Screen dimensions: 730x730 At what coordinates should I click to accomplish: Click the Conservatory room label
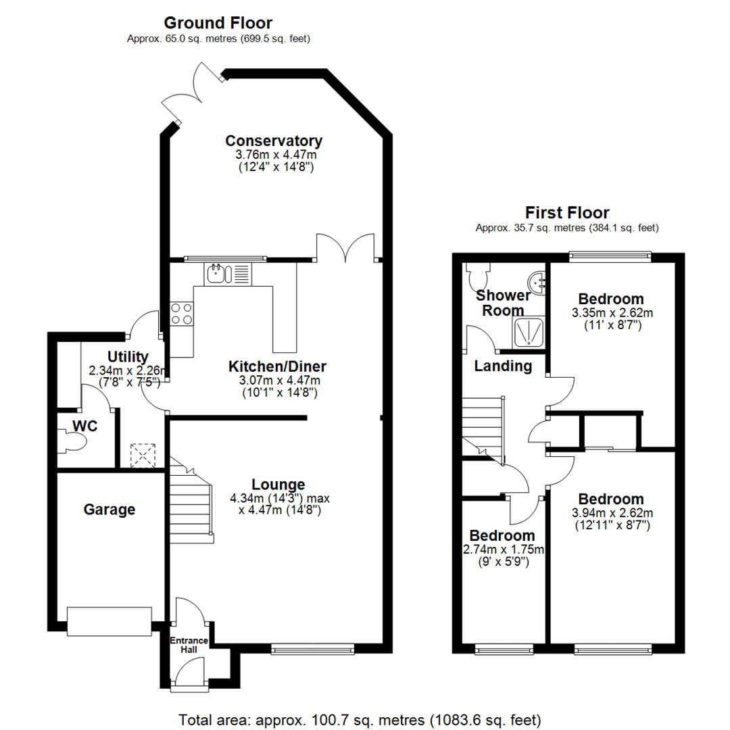[x=274, y=141]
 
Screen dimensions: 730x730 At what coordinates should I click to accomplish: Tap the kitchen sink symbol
[x=220, y=274]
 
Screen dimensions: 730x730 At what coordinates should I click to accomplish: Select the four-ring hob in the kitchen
[x=181, y=313]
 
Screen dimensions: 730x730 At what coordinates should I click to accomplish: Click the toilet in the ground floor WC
[x=73, y=442]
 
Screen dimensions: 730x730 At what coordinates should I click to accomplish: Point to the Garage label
[x=109, y=510]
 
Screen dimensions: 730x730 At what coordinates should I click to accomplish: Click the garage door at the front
[x=109, y=621]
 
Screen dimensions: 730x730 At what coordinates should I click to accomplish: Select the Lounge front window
[x=312, y=649]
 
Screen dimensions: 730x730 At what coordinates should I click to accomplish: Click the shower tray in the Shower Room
[x=529, y=333]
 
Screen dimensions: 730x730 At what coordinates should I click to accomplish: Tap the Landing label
[x=503, y=366]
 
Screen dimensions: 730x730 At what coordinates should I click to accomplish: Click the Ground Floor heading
[x=218, y=24]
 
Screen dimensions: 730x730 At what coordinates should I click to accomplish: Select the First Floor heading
[x=566, y=213]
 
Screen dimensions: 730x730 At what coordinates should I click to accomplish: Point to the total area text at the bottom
[x=360, y=719]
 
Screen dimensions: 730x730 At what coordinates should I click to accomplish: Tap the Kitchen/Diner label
[x=277, y=366]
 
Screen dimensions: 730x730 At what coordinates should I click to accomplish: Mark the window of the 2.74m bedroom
[x=502, y=650]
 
